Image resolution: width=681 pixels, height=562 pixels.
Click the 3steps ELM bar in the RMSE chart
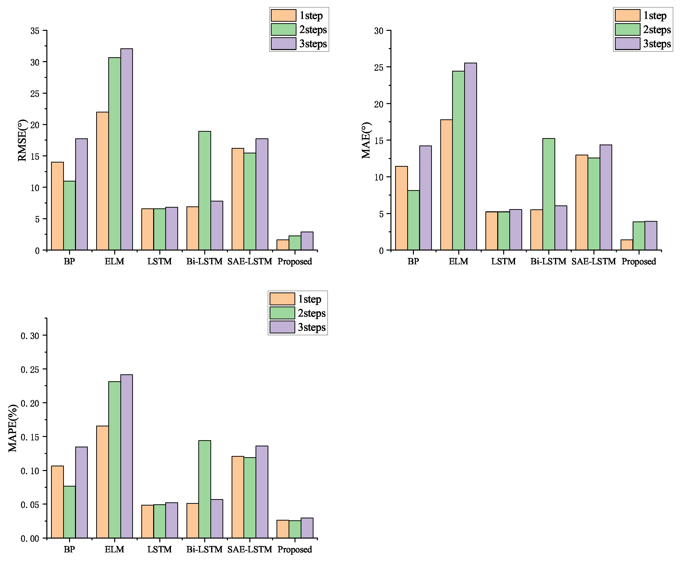127,149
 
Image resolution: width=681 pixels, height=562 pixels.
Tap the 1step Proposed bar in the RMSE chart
283,245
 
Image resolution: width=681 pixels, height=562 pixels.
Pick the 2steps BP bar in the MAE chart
413,220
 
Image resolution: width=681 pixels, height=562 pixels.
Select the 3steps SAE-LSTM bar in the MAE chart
606,198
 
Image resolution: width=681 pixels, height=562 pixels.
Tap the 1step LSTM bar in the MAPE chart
147,522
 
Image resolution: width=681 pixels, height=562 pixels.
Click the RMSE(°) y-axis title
22,140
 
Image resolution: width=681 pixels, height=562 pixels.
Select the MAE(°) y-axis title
366,140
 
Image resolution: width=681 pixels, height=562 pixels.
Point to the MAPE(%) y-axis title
13,428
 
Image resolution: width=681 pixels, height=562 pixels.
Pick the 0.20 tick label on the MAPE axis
30,403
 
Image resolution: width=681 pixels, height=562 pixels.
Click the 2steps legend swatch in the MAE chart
627,29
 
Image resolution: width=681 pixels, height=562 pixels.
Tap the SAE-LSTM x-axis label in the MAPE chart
249,549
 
